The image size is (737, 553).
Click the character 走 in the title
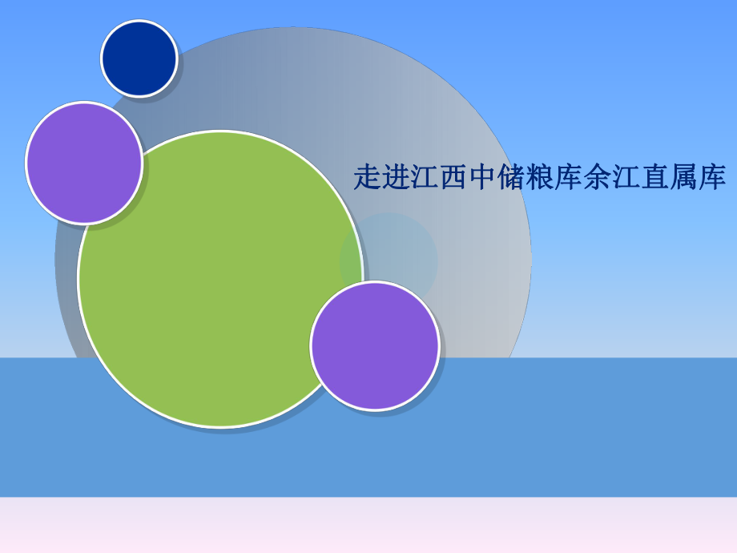367,177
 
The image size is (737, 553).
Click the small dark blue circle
139,59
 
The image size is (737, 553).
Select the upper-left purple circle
84,163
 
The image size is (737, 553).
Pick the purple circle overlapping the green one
375,346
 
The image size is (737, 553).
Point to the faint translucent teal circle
401,248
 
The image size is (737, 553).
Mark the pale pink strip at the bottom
368,526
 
